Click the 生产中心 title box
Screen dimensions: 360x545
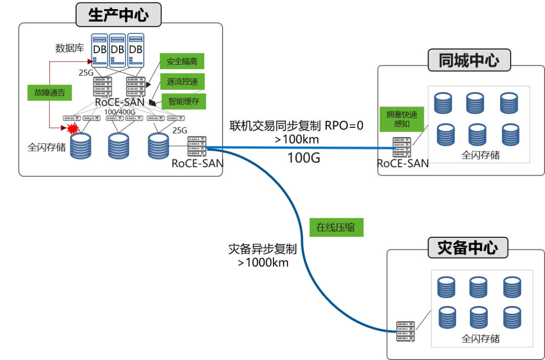119,15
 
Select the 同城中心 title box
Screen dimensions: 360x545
469,61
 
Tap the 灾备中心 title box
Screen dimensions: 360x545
468,248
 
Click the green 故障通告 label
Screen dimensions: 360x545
49,93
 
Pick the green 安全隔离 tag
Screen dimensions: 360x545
182,62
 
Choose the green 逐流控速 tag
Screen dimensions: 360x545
182,81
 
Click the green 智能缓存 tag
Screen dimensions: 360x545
184,101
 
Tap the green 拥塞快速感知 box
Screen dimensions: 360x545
402,119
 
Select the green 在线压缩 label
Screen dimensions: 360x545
336,227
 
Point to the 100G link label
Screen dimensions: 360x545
304,158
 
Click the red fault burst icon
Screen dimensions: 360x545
73,128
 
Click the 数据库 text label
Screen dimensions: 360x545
70,49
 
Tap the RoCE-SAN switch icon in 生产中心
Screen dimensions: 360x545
196,146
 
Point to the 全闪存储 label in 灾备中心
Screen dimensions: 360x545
480,339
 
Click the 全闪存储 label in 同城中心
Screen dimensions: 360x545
480,155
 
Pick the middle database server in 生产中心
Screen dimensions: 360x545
117,50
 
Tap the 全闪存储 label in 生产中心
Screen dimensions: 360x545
47,147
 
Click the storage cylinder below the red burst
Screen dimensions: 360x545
80,146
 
